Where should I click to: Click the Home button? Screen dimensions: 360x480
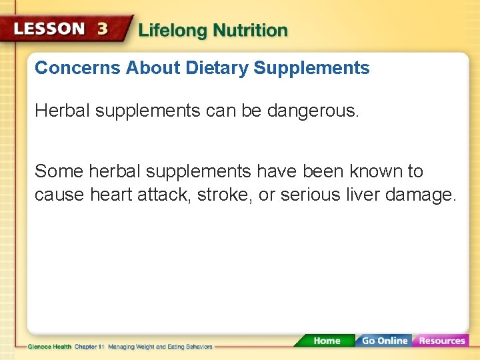[x=326, y=341]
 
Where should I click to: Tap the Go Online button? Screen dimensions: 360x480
[x=384, y=341]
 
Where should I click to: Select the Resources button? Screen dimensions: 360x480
[x=441, y=341]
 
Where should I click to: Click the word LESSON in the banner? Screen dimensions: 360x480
[x=49, y=30]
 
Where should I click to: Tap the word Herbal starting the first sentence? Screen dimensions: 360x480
[x=62, y=111]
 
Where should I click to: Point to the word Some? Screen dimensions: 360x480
[x=53, y=171]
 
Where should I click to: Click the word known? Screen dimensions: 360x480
[x=370, y=171]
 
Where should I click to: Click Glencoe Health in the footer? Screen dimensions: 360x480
[x=50, y=347]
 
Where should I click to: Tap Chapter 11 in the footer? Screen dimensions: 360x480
[x=89, y=347]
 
